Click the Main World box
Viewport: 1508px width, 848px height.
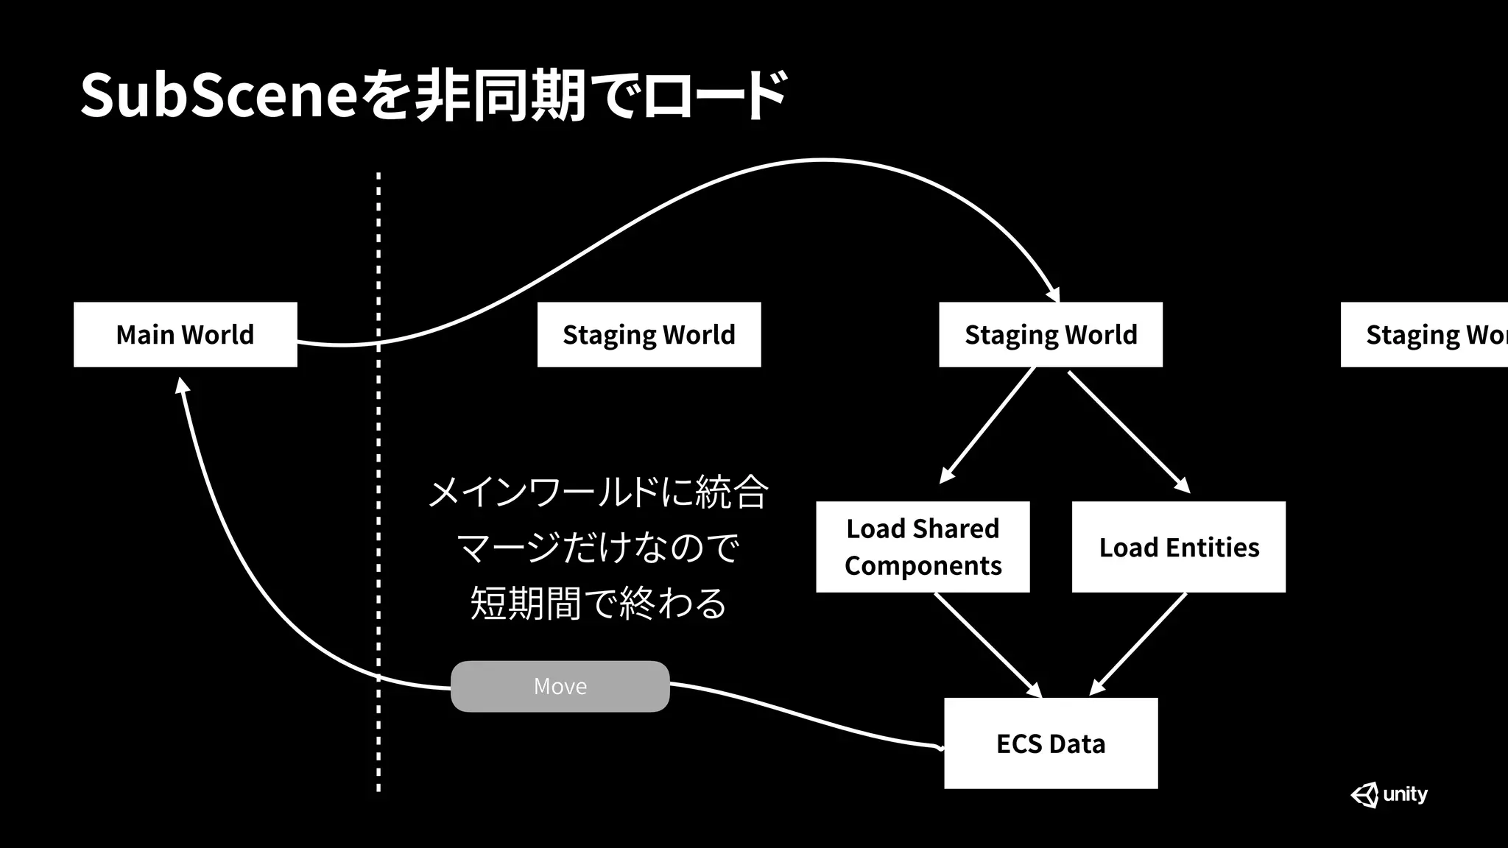click(x=185, y=334)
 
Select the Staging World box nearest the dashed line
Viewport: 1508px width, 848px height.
click(x=649, y=334)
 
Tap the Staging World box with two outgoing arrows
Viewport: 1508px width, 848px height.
click(x=1050, y=334)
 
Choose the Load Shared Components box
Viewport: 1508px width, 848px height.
click(x=922, y=547)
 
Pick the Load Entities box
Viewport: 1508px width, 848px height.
click(x=1178, y=547)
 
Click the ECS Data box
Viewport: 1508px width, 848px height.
click(x=1050, y=743)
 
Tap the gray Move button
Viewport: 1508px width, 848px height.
click(x=560, y=686)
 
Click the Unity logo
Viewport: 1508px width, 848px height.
click(x=1389, y=794)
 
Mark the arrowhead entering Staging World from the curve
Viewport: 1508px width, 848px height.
click(x=1054, y=295)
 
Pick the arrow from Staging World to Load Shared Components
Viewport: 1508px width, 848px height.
click(x=988, y=425)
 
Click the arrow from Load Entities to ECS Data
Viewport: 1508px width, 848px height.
click(x=1138, y=644)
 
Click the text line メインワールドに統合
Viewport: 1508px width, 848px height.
click(x=597, y=492)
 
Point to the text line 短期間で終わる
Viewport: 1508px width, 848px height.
click(x=597, y=603)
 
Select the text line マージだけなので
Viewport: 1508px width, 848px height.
click(x=597, y=548)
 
